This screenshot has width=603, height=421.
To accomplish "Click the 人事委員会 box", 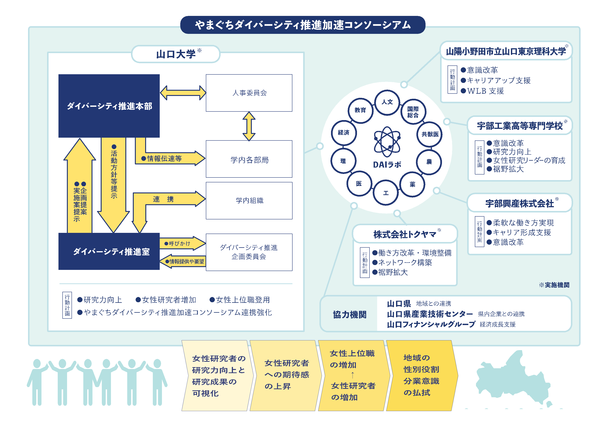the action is coord(249,93).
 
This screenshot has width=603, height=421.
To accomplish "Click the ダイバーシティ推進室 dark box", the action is coord(109,251).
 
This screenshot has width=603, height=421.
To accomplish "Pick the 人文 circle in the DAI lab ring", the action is coord(387,102).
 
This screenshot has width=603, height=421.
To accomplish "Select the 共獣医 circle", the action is coord(430,134).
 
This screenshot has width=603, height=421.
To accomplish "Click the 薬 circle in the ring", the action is coord(412,184).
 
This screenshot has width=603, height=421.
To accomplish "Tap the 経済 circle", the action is coord(344,133).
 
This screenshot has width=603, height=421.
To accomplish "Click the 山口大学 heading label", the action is coord(176,54).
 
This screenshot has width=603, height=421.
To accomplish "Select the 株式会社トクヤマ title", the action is coord(405,234).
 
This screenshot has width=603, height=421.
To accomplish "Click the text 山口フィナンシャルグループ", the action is coord(431,324).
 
